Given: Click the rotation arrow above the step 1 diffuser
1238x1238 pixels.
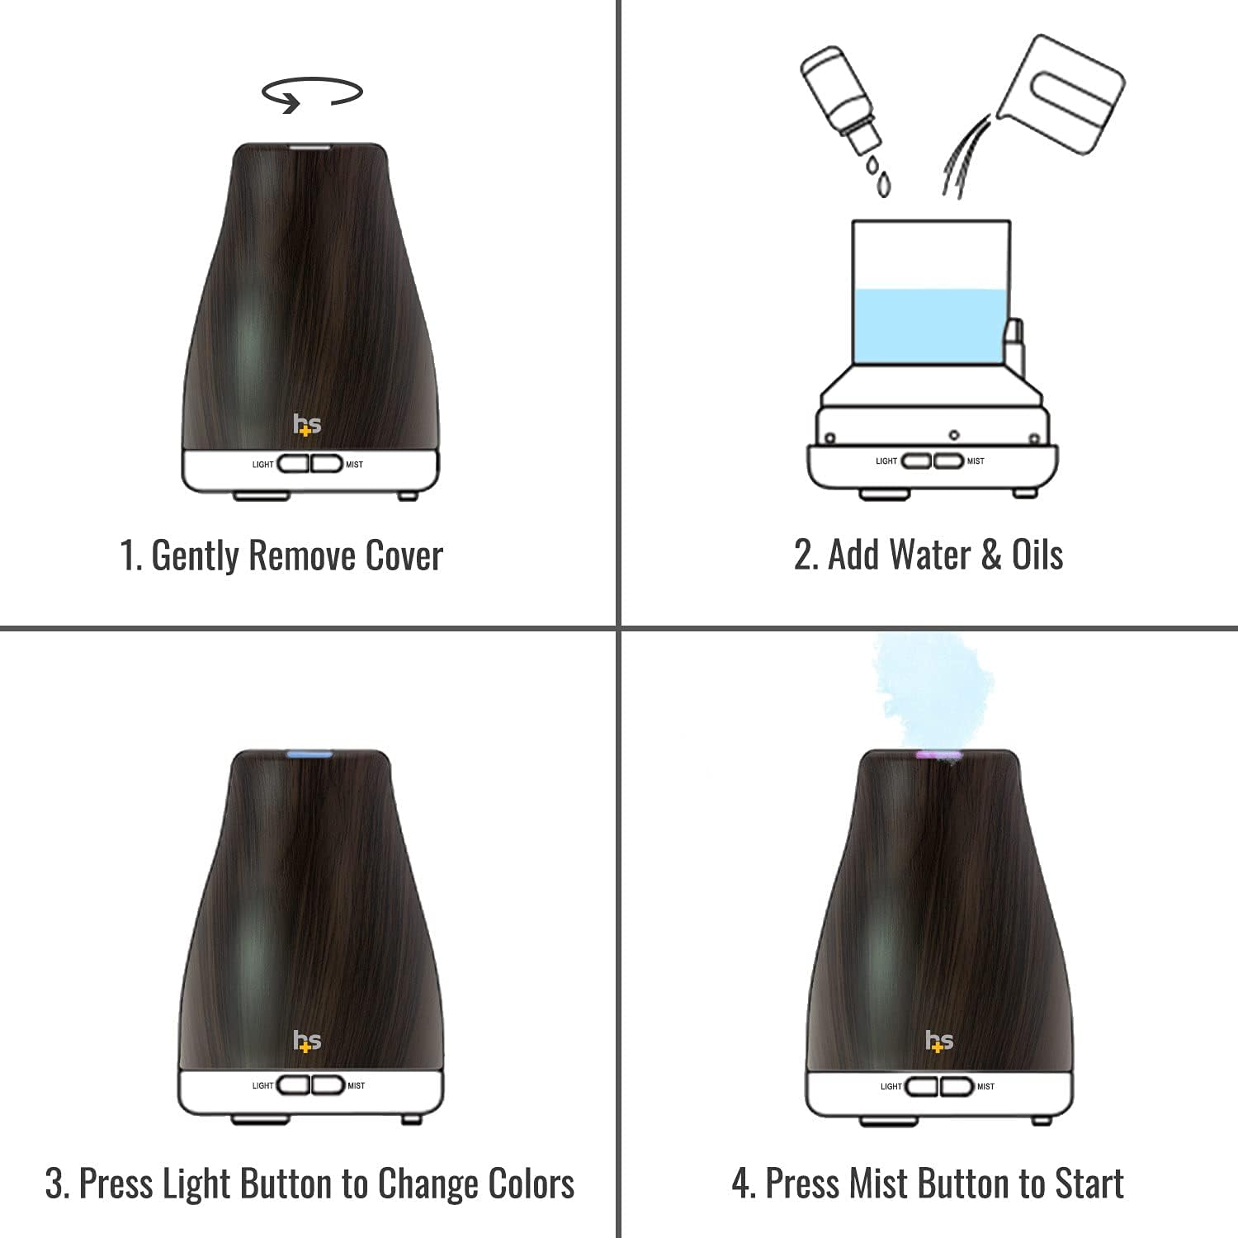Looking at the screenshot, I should pyautogui.click(x=312, y=92).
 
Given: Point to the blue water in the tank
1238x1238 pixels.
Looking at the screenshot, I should pyautogui.click(x=930, y=326).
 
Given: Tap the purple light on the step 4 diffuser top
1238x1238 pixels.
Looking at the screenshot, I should pyautogui.click(x=938, y=754).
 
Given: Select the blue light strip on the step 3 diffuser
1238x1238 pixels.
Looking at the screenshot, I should pyautogui.click(x=309, y=754).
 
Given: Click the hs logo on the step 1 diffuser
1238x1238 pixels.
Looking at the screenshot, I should pyautogui.click(x=307, y=424).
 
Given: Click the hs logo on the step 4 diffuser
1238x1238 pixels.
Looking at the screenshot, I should pyautogui.click(x=938, y=1042).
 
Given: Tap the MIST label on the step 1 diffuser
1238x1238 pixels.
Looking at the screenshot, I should pyautogui.click(x=354, y=465).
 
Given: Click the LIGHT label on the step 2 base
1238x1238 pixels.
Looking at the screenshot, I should pyautogui.click(x=886, y=461).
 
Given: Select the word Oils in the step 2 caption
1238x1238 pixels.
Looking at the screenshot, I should pyautogui.click(x=1037, y=555).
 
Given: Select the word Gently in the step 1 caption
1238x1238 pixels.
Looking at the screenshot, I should pyautogui.click(x=195, y=555).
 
